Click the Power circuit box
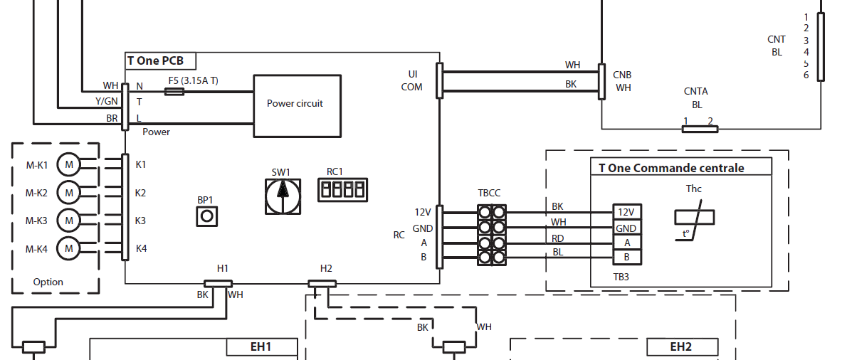294,105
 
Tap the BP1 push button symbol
206,216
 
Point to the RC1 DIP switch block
341,189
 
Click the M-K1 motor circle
69,165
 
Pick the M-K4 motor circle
69,248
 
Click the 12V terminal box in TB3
626,212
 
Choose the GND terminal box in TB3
626,228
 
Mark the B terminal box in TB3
626,257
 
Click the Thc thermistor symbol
695,216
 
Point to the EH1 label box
261,347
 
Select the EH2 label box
680,347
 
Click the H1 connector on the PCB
218,283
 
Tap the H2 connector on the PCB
322,283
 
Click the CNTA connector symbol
700,129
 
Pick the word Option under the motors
48,282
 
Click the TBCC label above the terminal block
489,193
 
